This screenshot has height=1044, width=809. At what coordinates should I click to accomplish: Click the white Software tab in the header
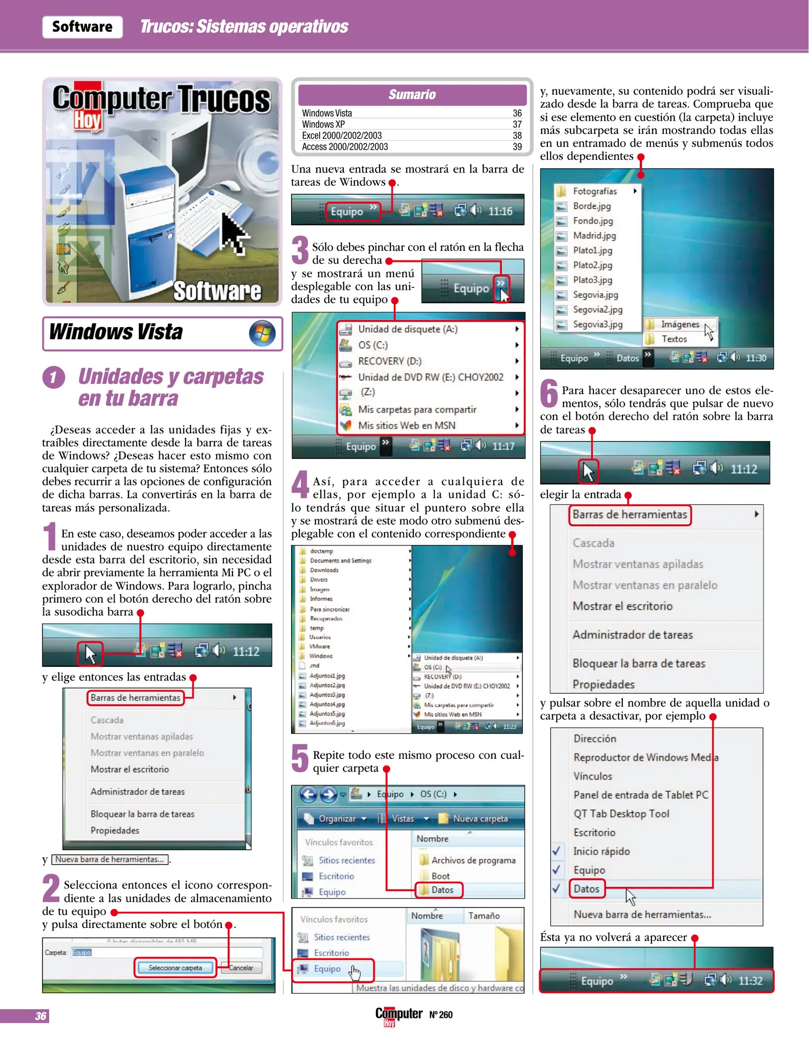[82, 27]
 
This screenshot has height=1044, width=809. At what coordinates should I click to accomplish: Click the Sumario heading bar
[412, 95]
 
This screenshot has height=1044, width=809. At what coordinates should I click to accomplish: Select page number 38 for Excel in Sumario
[517, 136]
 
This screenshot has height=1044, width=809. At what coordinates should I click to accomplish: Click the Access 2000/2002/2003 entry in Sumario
[345, 147]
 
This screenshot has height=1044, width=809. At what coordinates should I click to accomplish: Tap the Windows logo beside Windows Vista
[262, 333]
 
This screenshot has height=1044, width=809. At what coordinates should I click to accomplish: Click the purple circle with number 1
[54, 377]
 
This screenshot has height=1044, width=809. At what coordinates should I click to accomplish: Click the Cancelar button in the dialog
[241, 968]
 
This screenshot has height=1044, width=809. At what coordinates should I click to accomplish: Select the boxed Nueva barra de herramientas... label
[110, 859]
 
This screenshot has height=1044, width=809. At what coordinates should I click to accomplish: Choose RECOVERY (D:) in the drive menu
[389, 361]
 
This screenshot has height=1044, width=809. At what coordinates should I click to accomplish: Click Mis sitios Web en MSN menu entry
[406, 425]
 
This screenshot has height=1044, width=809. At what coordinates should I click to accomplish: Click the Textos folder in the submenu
[674, 339]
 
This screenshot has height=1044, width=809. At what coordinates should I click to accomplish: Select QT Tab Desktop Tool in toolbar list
[621, 813]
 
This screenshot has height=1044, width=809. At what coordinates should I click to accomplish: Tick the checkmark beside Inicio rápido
[557, 851]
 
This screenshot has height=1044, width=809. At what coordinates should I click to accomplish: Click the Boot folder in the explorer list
[440, 876]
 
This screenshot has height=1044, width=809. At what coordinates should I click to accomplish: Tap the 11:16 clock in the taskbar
[500, 211]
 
